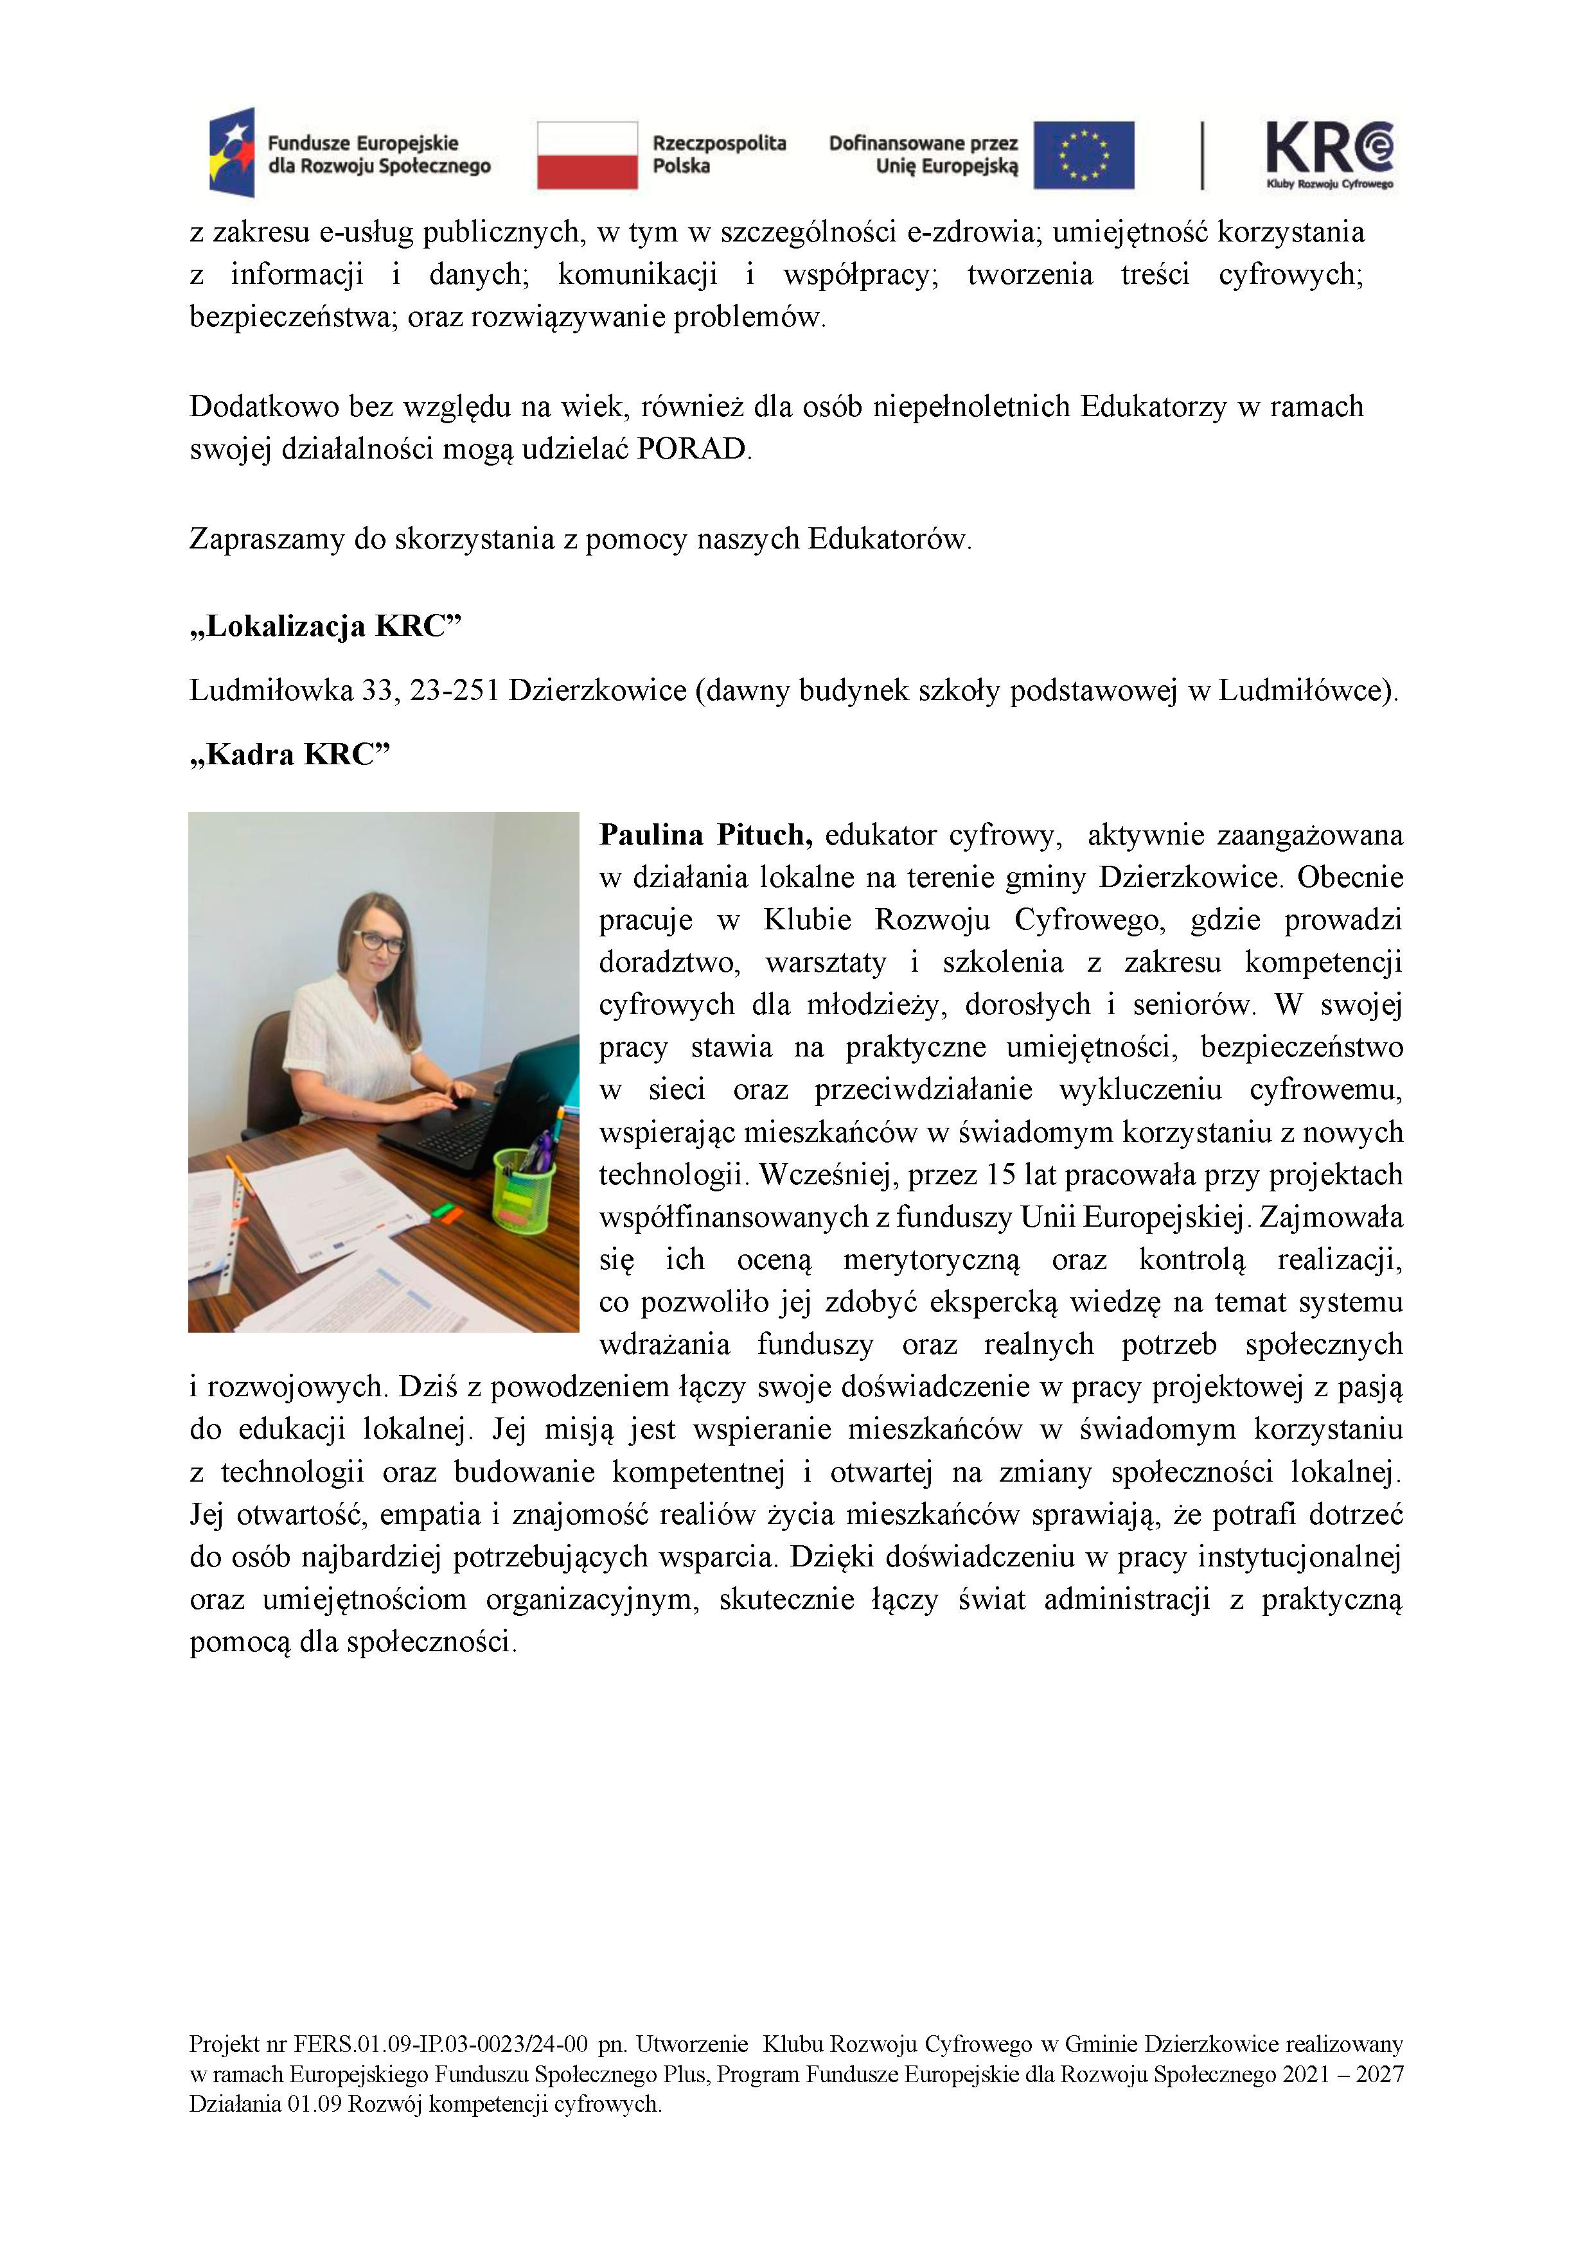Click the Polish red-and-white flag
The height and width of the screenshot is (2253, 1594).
coord(587,155)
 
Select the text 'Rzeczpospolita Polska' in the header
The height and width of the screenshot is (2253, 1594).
coord(720,155)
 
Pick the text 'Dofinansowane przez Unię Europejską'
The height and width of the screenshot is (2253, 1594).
coord(924,155)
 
